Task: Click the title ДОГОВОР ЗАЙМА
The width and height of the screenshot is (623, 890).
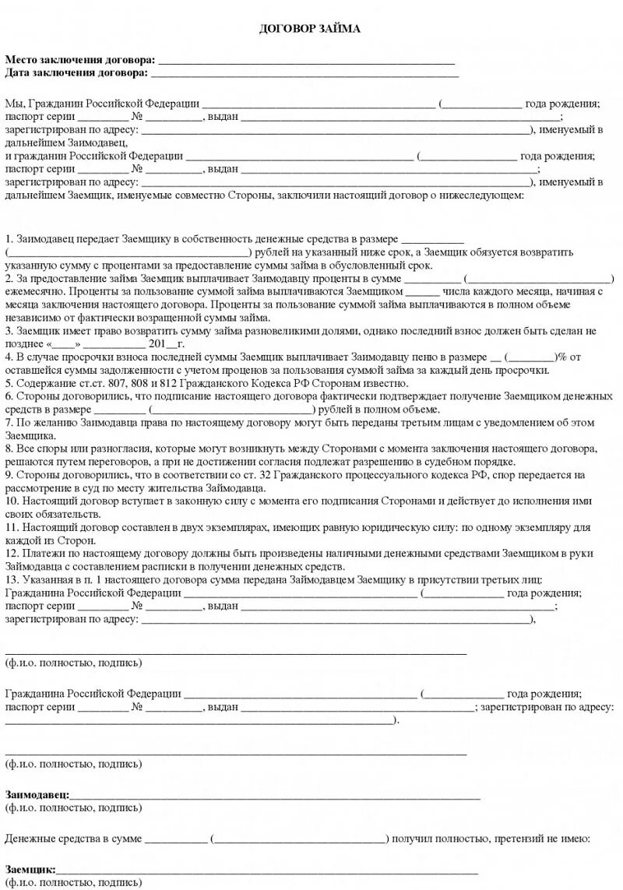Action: [309, 29]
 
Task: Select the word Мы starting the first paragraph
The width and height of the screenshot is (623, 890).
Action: [14, 104]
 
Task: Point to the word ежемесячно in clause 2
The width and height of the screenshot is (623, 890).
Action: [33, 290]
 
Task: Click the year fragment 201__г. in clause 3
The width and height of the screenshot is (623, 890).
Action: [165, 344]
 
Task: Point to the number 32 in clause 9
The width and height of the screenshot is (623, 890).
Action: [254, 477]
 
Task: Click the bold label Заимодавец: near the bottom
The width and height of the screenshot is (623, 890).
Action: [37, 796]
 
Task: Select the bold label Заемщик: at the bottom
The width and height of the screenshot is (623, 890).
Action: [30, 869]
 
